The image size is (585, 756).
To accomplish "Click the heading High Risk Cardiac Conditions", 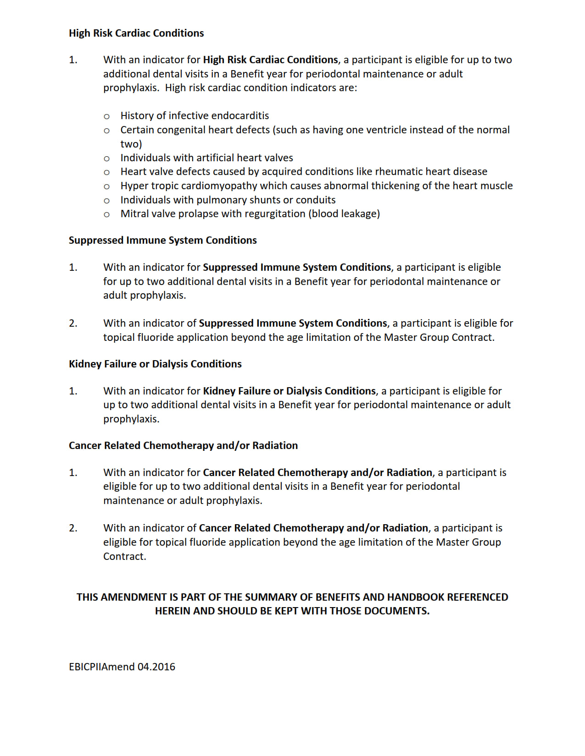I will pos(136,33).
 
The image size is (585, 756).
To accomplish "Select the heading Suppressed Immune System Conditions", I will pos(162,241).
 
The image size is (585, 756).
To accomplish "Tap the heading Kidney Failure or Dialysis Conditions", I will pos(155,364).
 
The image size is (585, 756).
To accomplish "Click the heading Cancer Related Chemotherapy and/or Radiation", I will pos(183,446).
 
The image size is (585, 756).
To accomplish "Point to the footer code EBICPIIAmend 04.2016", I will pos(122,667).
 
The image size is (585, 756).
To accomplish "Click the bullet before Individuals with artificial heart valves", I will pos(106,159).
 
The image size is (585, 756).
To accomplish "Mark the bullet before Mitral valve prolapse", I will pos(106,214).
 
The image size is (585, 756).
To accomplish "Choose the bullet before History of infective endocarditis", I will pos(106,116).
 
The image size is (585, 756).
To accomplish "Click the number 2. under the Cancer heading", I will pos(73,528).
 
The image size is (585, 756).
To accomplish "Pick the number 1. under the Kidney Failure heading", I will pos(73,391).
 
